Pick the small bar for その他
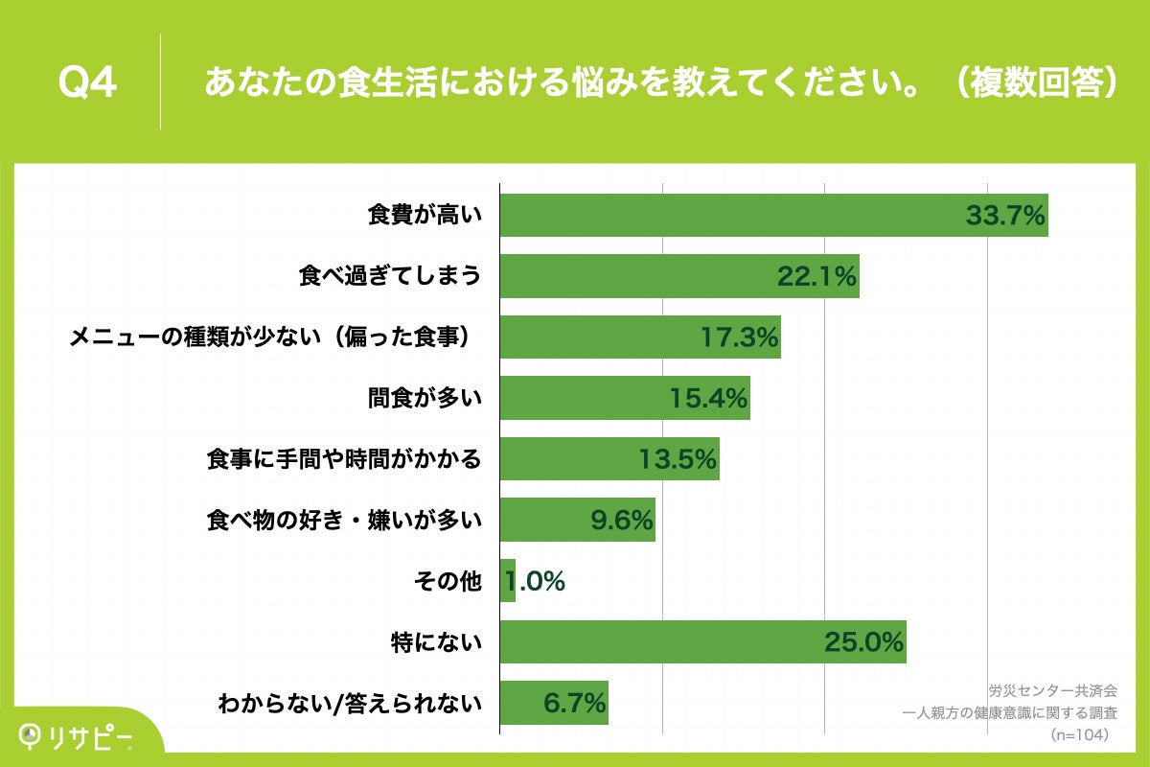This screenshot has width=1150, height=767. tap(508, 581)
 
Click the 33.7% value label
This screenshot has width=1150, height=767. tap(1004, 216)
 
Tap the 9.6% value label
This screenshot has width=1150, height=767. tap(622, 521)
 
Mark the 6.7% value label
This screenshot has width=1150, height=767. tap(575, 703)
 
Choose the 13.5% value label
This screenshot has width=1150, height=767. tap(678, 459)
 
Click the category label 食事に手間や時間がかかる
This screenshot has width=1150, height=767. tap(344, 459)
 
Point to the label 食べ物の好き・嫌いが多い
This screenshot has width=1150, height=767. tap(344, 521)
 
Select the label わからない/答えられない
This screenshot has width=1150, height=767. tap(350, 704)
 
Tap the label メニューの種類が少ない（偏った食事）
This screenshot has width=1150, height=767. tap(274, 337)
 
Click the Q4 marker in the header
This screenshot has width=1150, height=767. tap(87, 83)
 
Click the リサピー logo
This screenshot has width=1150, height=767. tap(77, 734)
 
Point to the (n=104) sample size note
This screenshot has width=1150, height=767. tap(1080, 735)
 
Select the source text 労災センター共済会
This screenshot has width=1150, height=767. tap(1052, 690)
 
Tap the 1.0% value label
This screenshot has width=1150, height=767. tap(535, 581)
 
